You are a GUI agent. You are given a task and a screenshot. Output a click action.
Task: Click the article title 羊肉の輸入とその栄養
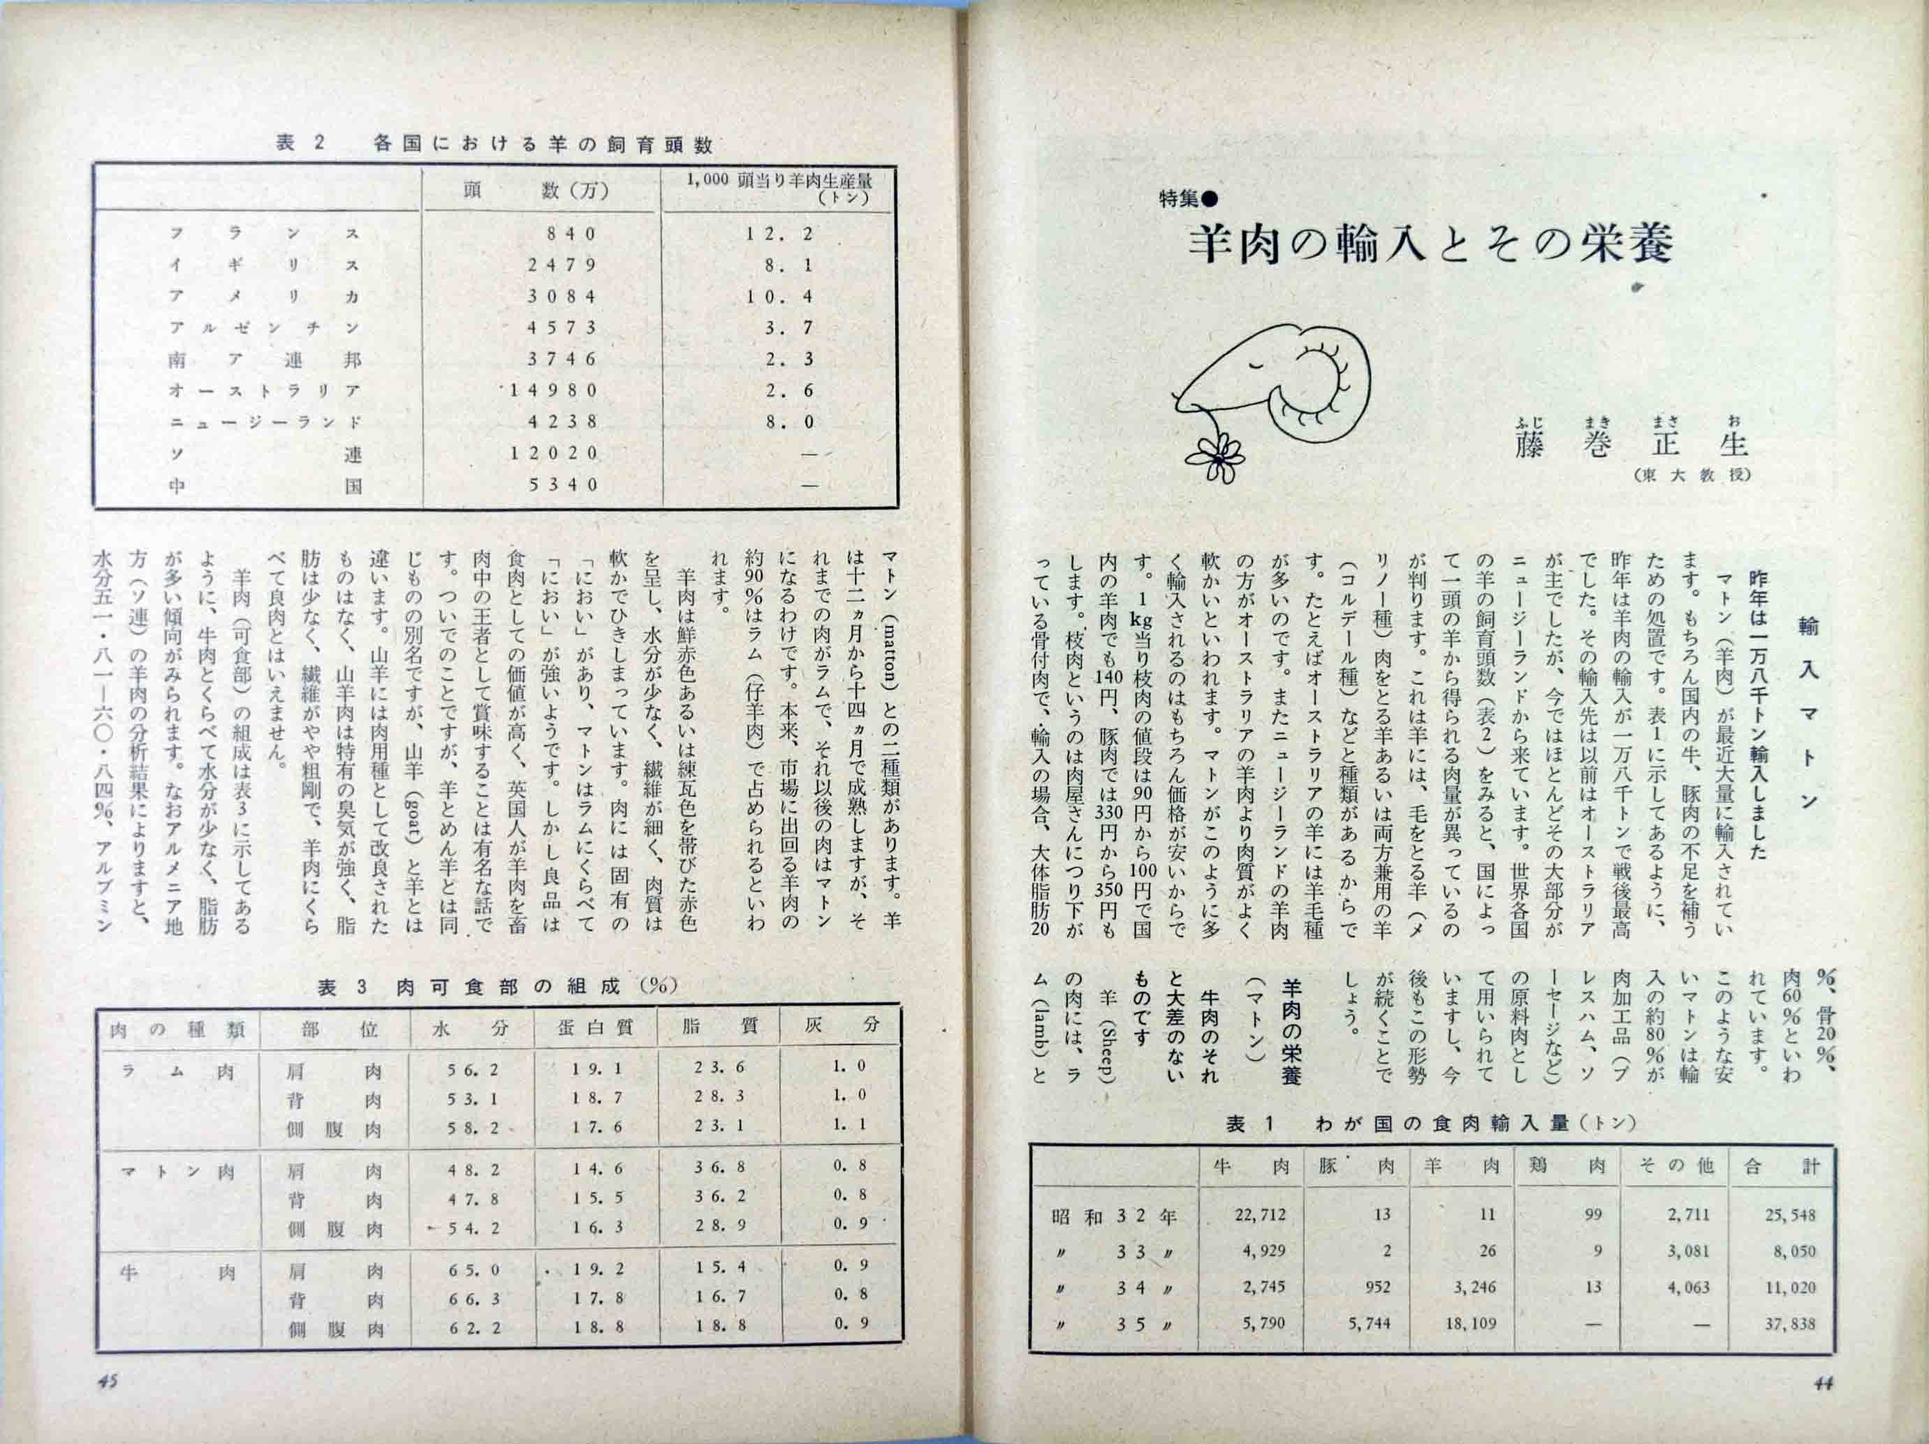coord(1430,245)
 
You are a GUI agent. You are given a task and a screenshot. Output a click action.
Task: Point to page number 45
coord(108,1380)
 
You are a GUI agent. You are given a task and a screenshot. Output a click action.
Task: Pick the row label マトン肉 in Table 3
coord(179,1171)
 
